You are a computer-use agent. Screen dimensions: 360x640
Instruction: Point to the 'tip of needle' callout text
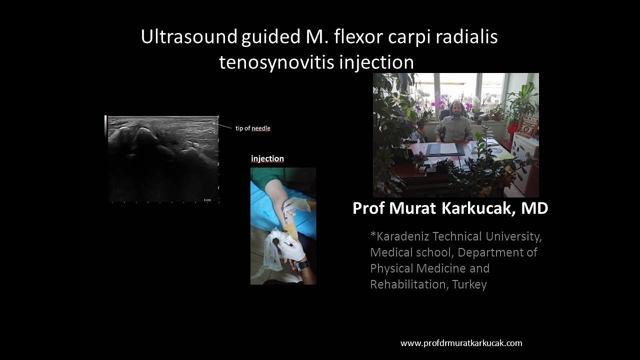pyautogui.click(x=253, y=128)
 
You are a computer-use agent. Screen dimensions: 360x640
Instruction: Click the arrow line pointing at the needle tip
pyautogui.click(x=224, y=126)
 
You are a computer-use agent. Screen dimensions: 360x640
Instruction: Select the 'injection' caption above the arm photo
pyautogui.click(x=267, y=158)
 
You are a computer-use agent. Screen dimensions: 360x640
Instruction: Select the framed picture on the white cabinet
pyautogui.click(x=528, y=127)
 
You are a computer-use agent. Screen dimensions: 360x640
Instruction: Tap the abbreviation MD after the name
pyautogui.click(x=534, y=208)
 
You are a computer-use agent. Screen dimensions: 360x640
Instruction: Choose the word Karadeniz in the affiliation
pyautogui.click(x=400, y=236)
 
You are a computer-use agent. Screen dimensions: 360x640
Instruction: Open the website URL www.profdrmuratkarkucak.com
pyautogui.click(x=461, y=343)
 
